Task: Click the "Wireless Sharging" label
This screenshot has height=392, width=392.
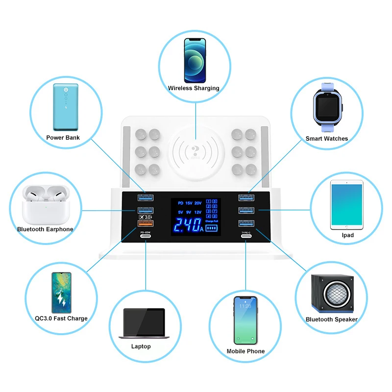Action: click(x=194, y=88)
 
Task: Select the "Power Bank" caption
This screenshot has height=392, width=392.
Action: click(x=63, y=138)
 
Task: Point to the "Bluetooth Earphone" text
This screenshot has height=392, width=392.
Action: click(x=45, y=229)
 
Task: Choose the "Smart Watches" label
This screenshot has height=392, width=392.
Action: click(x=326, y=139)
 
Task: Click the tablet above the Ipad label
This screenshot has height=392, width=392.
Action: click(x=346, y=205)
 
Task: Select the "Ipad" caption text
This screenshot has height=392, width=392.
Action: click(x=347, y=235)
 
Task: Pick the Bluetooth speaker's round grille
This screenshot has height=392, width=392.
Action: click(x=336, y=294)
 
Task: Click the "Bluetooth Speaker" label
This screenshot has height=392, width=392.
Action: click(x=331, y=319)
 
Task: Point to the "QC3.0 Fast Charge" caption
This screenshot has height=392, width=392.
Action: click(x=61, y=318)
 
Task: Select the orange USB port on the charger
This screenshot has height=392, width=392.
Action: click(x=146, y=224)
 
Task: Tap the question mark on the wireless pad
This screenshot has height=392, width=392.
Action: click(x=196, y=150)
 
